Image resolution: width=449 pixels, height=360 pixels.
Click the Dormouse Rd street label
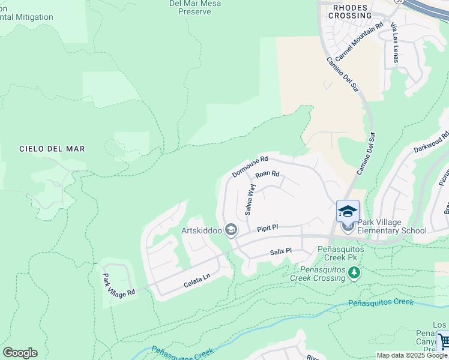click(250, 167)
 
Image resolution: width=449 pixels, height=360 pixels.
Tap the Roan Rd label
click(268, 175)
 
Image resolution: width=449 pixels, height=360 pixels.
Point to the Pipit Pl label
click(267, 228)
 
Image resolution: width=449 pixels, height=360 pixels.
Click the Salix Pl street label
click(280, 251)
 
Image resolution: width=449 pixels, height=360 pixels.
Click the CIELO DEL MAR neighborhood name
click(52, 149)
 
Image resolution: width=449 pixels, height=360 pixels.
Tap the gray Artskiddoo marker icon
click(231, 230)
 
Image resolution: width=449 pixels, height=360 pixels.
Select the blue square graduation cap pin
click(348, 211)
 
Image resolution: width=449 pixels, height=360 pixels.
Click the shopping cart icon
click(443, 341)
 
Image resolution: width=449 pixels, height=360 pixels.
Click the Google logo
click(20, 353)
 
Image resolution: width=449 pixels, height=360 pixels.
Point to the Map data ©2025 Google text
click(412, 355)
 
